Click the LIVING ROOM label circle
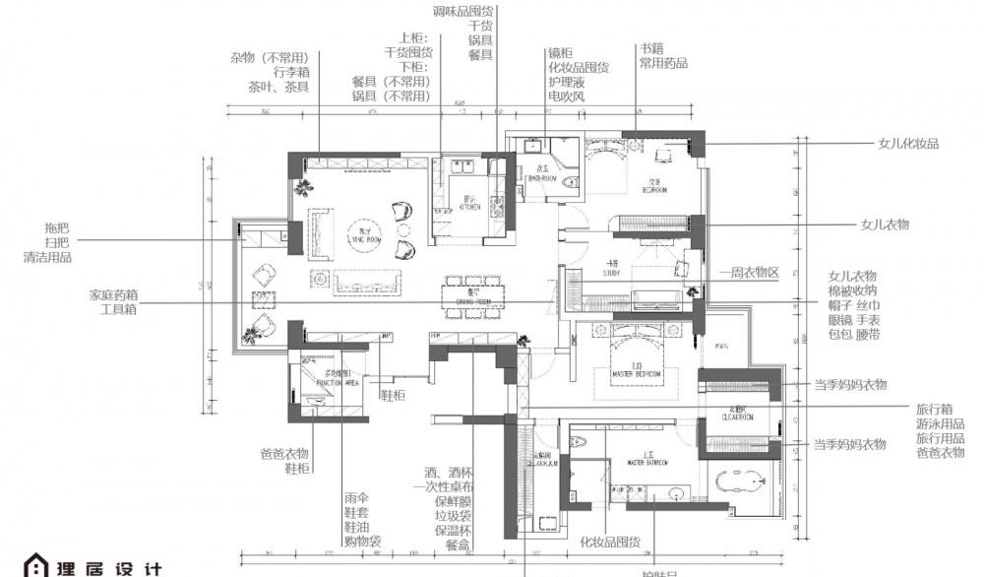pos(363,228)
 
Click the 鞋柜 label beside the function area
pos(394,395)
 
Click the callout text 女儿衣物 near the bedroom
pos(885,224)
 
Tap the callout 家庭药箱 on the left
pos(113,293)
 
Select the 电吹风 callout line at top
pos(567,96)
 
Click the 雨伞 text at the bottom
pos(356,498)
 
